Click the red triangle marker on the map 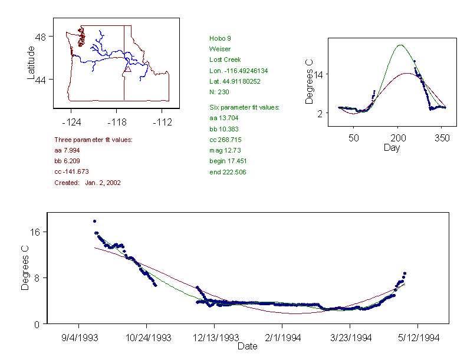click(x=127, y=70)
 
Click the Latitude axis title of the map click(x=31, y=62)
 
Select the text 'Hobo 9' click(x=220, y=38)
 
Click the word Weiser click(x=220, y=49)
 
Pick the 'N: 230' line click(x=219, y=92)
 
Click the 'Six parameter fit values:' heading click(x=244, y=107)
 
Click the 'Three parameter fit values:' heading click(x=93, y=140)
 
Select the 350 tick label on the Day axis click(x=442, y=138)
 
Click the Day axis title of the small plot click(x=391, y=147)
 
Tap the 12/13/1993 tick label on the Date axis click(x=214, y=338)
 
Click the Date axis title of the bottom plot click(x=247, y=346)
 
